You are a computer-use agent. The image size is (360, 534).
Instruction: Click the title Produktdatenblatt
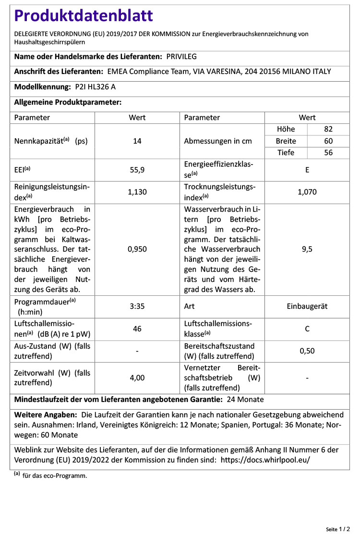coord(84,16)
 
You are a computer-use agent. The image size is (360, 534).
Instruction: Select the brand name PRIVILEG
coord(181,57)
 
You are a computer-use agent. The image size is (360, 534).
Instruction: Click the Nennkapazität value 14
coord(137,141)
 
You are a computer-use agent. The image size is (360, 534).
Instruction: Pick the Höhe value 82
coord(328,129)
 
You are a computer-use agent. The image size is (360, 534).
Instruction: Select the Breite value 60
coord(328,141)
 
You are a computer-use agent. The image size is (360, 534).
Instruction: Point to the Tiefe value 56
coord(328,153)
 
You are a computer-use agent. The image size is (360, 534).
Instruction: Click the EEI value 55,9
coord(137,170)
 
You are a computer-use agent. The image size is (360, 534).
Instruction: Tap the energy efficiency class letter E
coord(307,170)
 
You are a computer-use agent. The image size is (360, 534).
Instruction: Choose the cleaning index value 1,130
coord(137,192)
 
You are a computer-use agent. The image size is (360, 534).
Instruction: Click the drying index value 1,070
coord(307,192)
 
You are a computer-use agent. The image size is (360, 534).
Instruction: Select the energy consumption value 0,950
coord(137,249)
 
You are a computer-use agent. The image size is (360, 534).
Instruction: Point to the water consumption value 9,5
coord(307,249)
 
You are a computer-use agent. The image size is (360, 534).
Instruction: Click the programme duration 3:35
coord(137,306)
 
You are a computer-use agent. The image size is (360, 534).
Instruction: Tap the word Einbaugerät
coord(307,306)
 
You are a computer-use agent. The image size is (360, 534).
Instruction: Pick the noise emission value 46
coord(137,329)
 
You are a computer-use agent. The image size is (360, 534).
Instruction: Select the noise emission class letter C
coord(307,329)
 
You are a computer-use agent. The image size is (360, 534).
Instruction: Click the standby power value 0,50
coord(307,351)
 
